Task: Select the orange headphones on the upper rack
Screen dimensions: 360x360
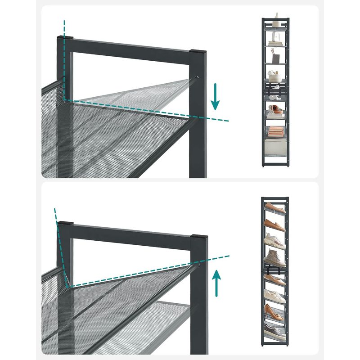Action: (x=276, y=108)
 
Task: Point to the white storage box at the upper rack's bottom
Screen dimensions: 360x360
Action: (x=275, y=147)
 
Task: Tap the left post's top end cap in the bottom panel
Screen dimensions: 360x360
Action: (x=64, y=222)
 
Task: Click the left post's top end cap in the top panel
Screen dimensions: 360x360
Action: (x=64, y=37)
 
